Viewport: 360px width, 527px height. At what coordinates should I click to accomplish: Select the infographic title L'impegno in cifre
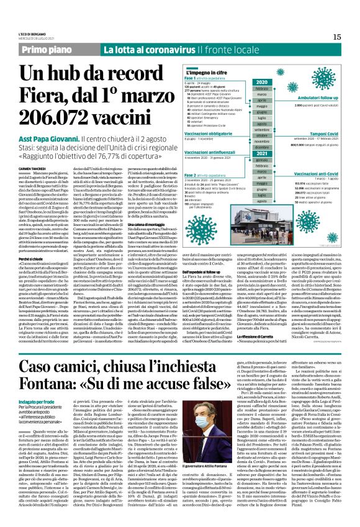point(208,73)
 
